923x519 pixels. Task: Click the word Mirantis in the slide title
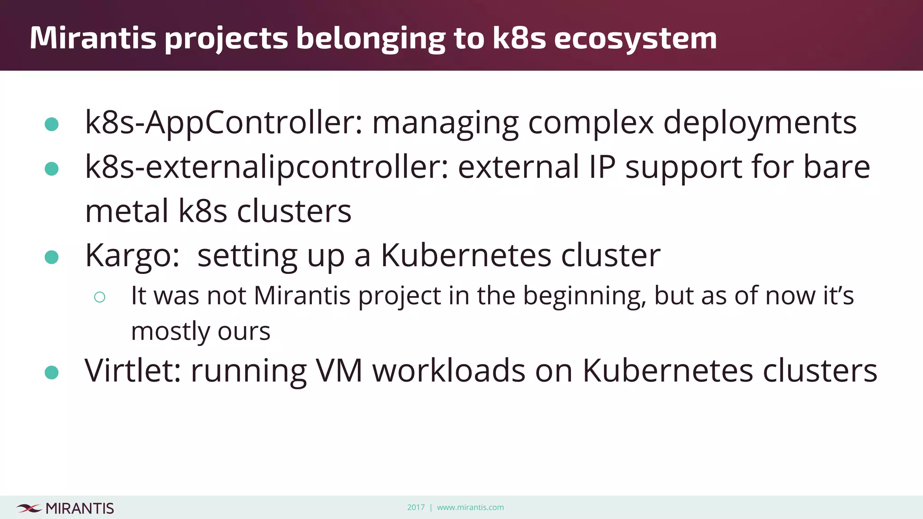click(93, 38)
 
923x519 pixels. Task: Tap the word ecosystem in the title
click(635, 39)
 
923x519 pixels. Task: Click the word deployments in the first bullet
click(759, 123)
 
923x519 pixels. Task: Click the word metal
click(127, 211)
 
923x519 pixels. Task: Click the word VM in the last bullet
click(339, 371)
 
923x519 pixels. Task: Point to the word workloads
click(448, 371)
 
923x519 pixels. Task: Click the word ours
click(244, 332)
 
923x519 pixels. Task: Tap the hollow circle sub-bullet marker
click(100, 297)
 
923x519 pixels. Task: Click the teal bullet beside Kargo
click(52, 257)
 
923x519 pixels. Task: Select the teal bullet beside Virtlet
click(52, 373)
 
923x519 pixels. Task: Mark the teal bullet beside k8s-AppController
click(52, 124)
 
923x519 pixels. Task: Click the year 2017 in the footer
click(416, 507)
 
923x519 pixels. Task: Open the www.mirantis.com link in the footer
click(470, 507)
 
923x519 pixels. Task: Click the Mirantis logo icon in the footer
click(29, 508)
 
